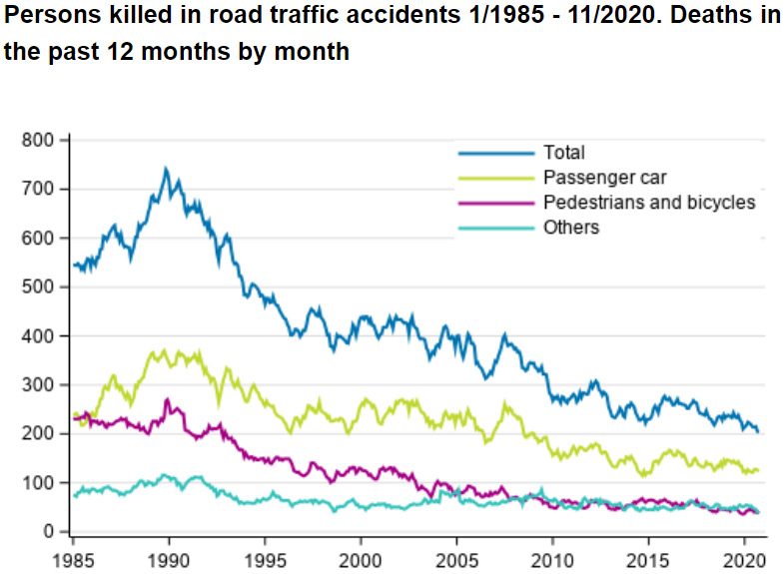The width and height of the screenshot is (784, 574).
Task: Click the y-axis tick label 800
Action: (x=38, y=140)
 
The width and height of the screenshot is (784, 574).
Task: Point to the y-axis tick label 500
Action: (x=38, y=287)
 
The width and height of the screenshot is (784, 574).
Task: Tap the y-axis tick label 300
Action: (x=38, y=384)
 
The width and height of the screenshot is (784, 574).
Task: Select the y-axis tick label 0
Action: (x=47, y=531)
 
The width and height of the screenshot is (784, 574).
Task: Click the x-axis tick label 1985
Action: (x=73, y=555)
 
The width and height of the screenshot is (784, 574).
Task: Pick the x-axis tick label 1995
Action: (x=265, y=555)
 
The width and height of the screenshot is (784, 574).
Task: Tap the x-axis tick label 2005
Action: (x=456, y=555)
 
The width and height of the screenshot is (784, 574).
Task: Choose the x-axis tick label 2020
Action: (x=743, y=555)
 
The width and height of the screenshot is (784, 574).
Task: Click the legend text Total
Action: (x=564, y=153)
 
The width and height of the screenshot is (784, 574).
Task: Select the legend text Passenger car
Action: (x=604, y=178)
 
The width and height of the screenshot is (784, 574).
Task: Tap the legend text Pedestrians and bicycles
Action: (x=649, y=203)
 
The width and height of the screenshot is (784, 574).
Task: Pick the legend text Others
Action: (x=571, y=228)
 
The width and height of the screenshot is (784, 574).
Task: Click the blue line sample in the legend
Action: (x=496, y=153)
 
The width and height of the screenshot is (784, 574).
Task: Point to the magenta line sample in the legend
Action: (x=496, y=203)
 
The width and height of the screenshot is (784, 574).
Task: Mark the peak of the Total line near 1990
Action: (x=166, y=169)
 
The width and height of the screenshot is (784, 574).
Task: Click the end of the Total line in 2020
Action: (x=758, y=431)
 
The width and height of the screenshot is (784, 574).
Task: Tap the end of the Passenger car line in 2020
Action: (x=758, y=469)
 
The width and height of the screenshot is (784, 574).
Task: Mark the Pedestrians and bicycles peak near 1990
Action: (x=167, y=399)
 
